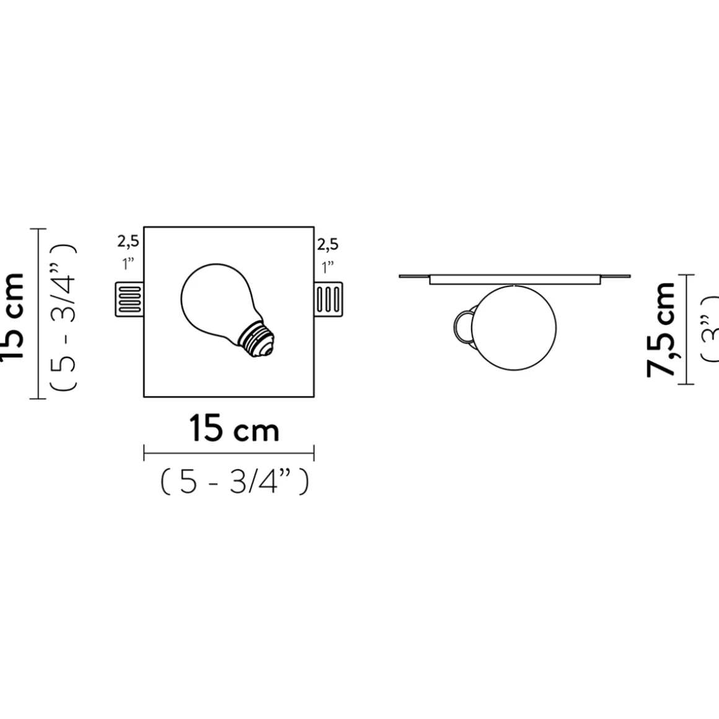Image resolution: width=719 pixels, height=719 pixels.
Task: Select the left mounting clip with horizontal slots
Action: pos(130,299)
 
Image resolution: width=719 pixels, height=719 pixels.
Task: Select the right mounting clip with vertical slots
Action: pos(328,299)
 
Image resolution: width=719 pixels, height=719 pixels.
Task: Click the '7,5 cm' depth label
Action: pos(661,329)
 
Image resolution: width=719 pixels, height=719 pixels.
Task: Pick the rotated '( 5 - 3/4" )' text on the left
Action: pos(63,316)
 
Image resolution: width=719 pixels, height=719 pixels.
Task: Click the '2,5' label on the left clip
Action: pos(129,242)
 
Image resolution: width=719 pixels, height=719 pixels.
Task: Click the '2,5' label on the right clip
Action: pos(328,245)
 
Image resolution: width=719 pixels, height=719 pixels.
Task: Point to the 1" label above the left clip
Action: pos(129,265)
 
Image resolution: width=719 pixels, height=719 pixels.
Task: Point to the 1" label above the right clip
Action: pos(328,267)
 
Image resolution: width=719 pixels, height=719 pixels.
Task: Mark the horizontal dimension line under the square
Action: pos(229,453)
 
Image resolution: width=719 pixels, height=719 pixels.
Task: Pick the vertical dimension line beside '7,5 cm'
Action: pos(684,329)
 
